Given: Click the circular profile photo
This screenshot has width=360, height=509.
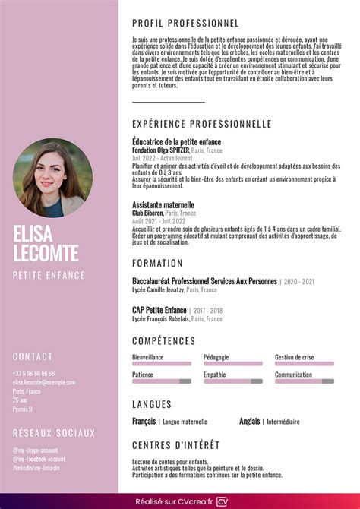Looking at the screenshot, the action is tap(52, 178).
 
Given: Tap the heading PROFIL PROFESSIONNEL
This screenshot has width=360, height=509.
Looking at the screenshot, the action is tap(185, 24).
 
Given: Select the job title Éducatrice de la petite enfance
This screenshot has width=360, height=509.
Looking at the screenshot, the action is tap(176, 141).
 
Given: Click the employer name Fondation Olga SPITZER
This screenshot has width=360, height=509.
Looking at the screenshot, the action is tap(160, 150).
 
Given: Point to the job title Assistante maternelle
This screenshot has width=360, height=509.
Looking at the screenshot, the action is tap(163, 205).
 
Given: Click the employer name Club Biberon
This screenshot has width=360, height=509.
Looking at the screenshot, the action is tap(150, 213).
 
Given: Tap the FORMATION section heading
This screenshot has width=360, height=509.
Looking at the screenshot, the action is tap(157, 263).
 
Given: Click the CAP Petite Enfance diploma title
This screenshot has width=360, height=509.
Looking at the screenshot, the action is tap(159, 310).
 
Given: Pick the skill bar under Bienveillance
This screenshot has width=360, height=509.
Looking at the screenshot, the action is tap(161, 364).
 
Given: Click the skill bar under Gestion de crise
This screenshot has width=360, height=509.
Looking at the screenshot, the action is tap(304, 364).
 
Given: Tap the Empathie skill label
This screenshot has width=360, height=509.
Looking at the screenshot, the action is tap(214, 375).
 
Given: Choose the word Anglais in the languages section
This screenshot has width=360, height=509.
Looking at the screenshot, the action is tap(249, 421).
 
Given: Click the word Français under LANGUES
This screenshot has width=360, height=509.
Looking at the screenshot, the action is tap(144, 421).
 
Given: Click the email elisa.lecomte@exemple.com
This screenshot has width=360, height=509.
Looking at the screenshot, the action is tap(45, 382).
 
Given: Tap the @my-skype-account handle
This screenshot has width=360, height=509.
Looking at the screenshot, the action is tap(35, 450).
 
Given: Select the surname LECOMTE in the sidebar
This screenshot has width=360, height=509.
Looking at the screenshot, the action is tap(46, 252).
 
